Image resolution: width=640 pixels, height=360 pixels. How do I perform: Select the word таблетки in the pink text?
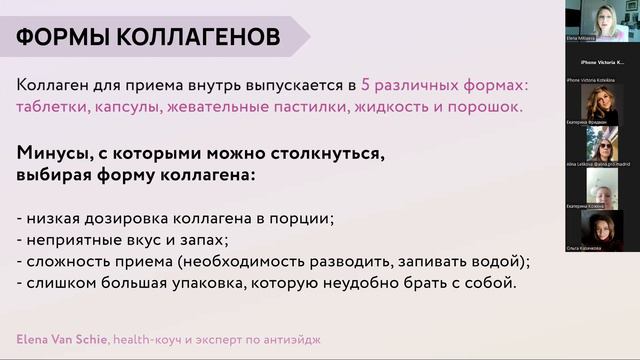(54, 106)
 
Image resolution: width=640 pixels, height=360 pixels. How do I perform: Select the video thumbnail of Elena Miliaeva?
(601, 22)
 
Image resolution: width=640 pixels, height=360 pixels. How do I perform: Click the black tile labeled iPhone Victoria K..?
(602, 62)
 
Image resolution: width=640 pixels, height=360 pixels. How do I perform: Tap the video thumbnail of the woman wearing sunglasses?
(601, 101)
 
